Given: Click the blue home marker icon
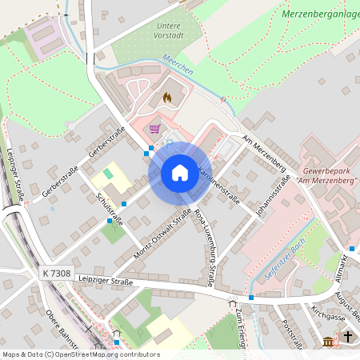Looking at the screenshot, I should pos(180,173).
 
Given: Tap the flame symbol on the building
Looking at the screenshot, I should pos(166,97).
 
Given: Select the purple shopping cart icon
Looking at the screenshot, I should pos(154,128).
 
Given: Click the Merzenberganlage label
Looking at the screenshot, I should pos(320,14).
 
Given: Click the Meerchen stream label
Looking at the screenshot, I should pos(178,66).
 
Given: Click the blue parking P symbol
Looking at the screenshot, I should pos(170,142).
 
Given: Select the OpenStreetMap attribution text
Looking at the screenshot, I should pos(80,354).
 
